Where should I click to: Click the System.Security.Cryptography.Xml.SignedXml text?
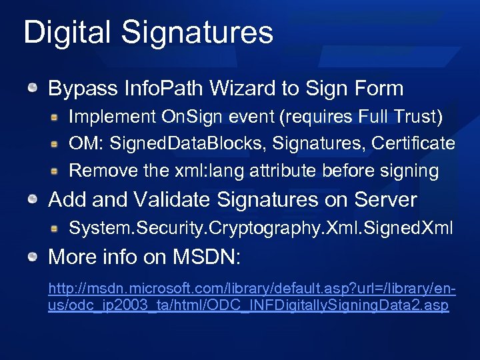click(x=261, y=229)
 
